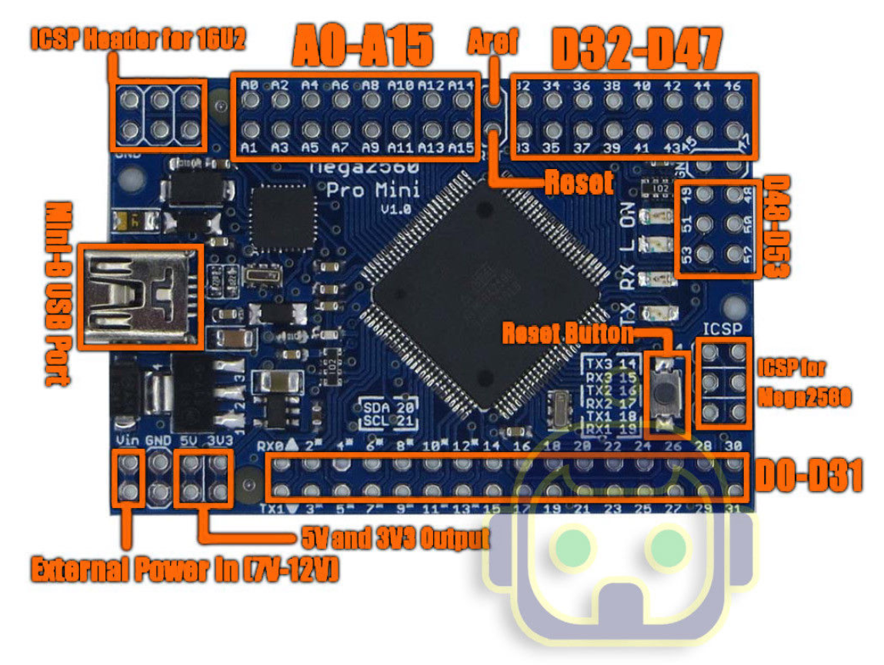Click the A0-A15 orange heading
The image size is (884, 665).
(362, 48)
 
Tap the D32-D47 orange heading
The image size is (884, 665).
(637, 51)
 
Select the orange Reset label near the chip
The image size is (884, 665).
(579, 183)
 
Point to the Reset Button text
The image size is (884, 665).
(568, 334)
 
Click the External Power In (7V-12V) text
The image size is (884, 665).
(185, 570)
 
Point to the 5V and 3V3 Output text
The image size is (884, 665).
(393, 537)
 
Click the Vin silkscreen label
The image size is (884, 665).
(127, 440)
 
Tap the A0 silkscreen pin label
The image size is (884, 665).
(249, 85)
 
